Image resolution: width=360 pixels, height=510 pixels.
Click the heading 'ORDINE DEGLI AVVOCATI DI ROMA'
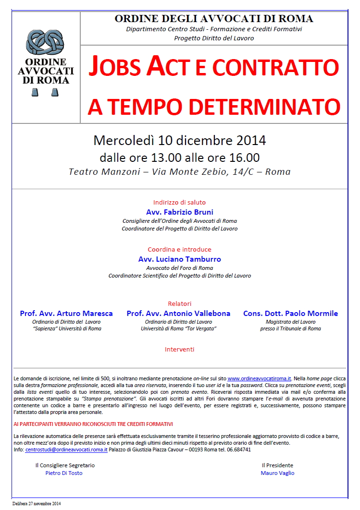click(x=213, y=19)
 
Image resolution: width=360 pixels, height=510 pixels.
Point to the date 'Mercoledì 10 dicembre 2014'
click(x=179, y=141)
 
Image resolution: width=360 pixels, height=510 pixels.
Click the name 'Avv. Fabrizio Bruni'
click(x=179, y=212)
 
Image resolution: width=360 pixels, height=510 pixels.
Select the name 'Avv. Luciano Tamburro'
click(x=179, y=259)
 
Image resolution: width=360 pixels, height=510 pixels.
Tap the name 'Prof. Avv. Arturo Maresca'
click(x=66, y=313)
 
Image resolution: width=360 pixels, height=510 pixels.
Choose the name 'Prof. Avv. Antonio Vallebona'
click(x=178, y=313)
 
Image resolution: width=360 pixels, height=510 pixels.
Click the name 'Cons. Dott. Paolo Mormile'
click(x=290, y=313)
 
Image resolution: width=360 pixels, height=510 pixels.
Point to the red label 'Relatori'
click(x=179, y=304)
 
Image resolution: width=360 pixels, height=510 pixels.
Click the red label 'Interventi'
click(x=179, y=349)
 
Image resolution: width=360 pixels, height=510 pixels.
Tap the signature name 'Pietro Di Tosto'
click(x=64, y=473)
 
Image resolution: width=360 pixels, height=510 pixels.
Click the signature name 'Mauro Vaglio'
click(x=277, y=473)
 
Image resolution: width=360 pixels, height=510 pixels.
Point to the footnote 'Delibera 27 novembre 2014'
click(x=37, y=504)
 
